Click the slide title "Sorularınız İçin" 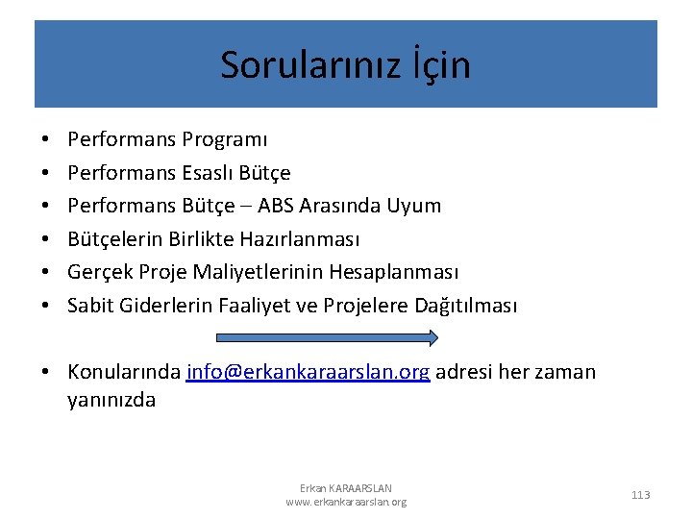345,65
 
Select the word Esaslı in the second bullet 208,173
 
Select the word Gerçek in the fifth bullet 99,272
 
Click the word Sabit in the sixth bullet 90,306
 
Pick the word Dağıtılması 465,306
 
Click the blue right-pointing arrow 327,337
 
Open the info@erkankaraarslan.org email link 308,372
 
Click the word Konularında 124,372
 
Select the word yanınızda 111,400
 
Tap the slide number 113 640,495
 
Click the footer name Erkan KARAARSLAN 346,488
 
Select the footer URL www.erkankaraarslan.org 346,502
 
